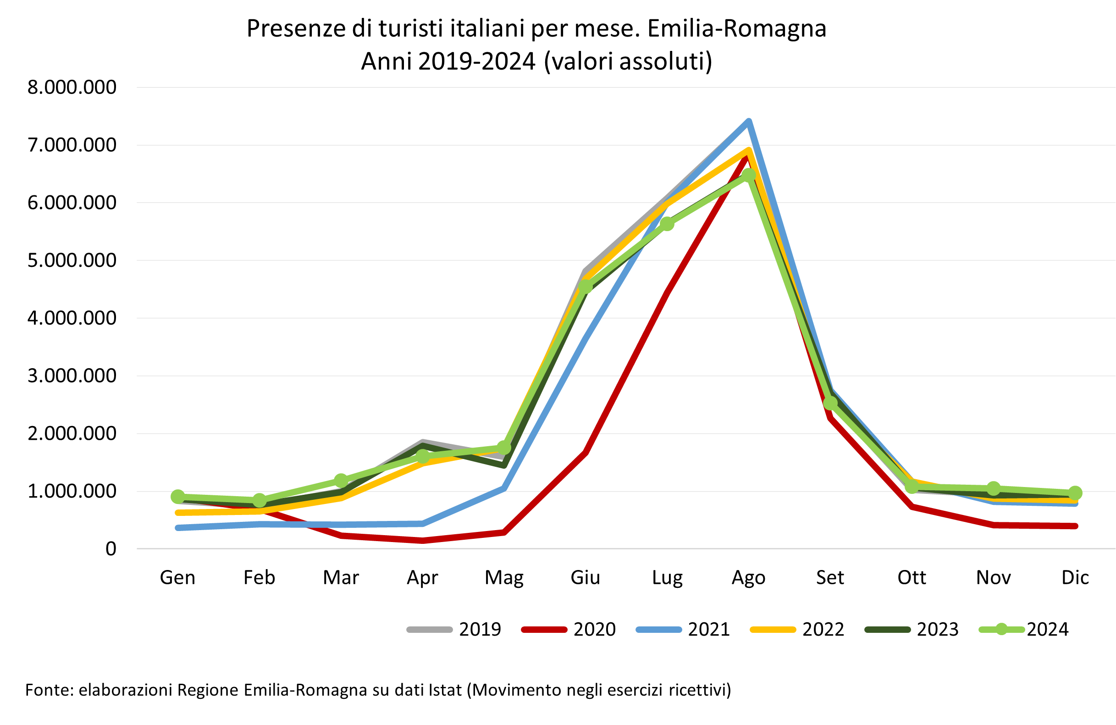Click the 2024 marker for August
coord(749,175)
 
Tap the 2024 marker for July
coord(667,224)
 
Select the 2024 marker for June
coord(586,286)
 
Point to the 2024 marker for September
coord(830,402)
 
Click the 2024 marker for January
coord(178,497)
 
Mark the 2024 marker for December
coord(1075,493)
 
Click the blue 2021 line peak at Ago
coord(749,122)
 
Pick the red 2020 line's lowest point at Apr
coord(422,541)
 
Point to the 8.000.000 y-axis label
coord(72,87)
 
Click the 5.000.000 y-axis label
coord(72,260)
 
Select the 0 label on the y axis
coord(110,548)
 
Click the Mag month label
coord(504,578)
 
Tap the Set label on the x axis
coord(830,578)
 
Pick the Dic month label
coord(1075,578)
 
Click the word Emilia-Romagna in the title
coord(737,29)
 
